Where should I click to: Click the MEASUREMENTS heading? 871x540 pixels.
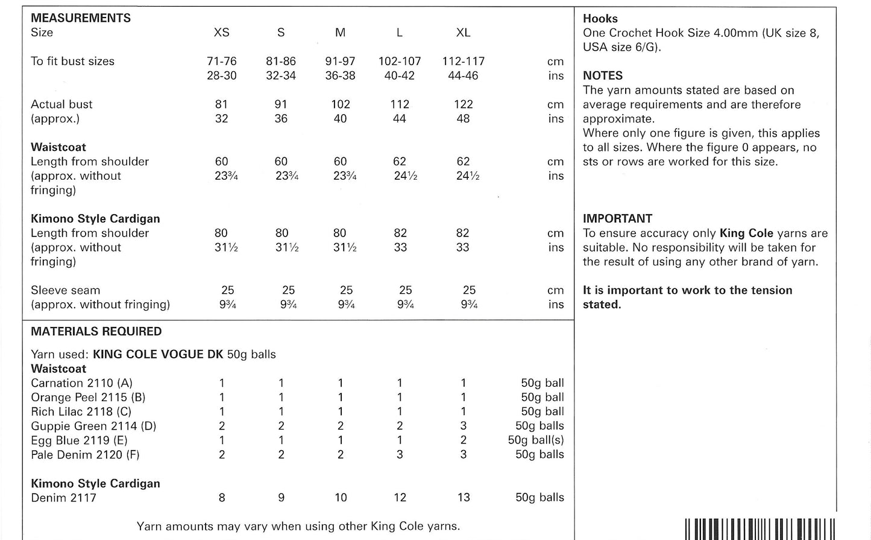tap(81, 18)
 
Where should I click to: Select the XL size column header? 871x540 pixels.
tap(463, 33)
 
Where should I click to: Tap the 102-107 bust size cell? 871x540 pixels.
tap(400, 62)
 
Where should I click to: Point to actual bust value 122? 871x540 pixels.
tap(463, 104)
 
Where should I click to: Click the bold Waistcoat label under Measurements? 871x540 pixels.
tap(58, 147)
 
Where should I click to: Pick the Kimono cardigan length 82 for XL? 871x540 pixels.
tap(463, 233)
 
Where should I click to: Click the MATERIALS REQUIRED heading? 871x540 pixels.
tap(96, 331)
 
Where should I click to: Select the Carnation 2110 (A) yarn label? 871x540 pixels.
tap(82, 383)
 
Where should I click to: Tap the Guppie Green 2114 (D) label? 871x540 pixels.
tap(93, 426)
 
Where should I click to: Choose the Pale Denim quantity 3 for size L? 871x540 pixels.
tap(400, 455)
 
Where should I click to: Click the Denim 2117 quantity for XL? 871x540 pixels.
tap(463, 498)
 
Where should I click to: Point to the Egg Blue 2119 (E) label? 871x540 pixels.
tap(79, 440)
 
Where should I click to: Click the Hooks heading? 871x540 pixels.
tap(600, 19)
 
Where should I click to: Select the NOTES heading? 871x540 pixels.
tap(603, 76)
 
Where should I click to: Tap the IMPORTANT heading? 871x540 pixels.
tap(618, 219)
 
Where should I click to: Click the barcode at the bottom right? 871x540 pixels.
tap(759, 529)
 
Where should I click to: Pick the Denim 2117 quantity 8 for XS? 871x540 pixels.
tap(222, 498)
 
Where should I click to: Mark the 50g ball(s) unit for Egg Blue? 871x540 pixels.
tap(536, 440)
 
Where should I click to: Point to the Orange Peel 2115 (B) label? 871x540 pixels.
tap(88, 398)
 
